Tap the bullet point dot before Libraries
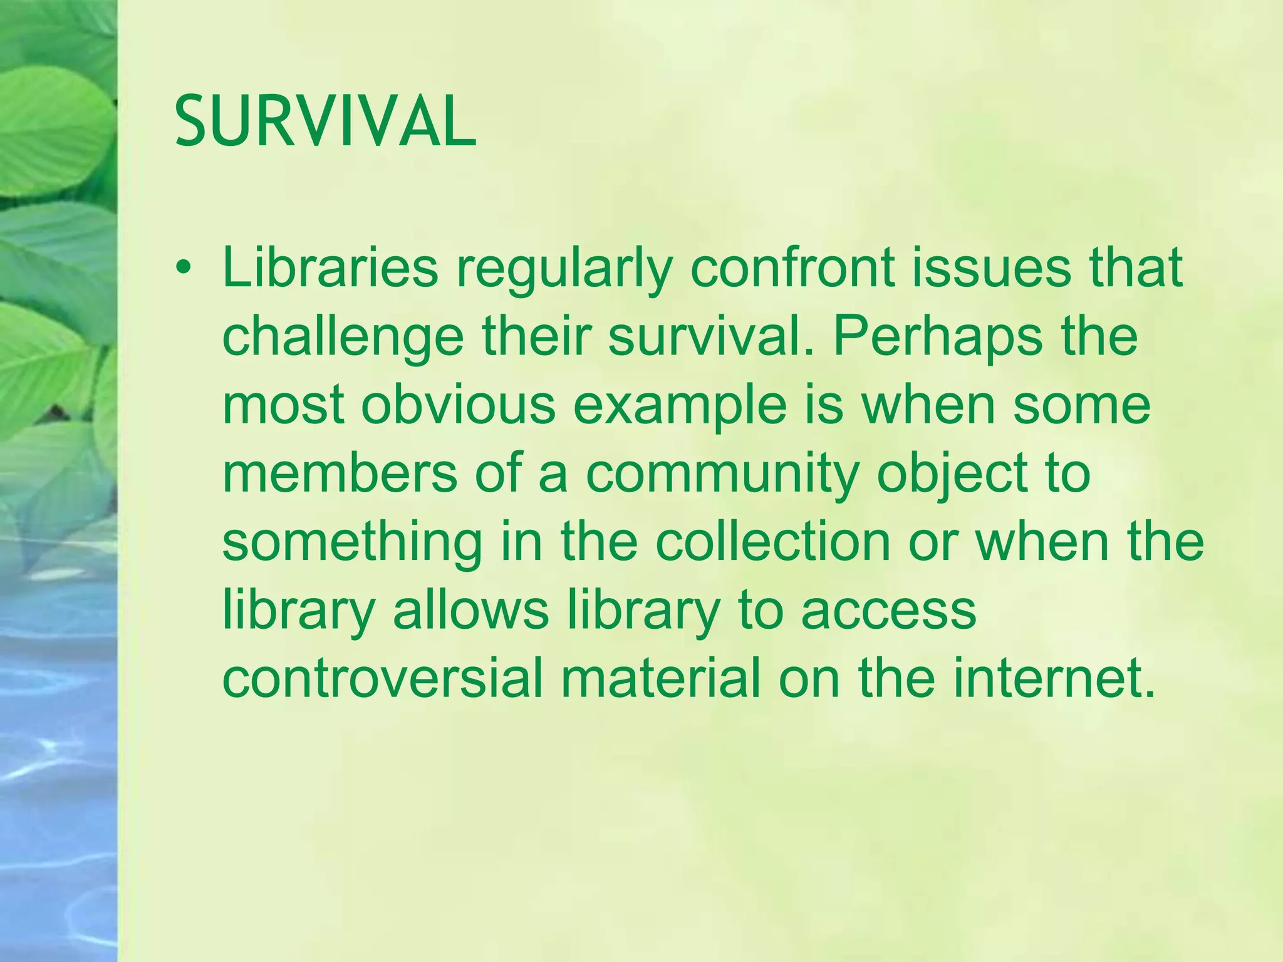click(x=182, y=268)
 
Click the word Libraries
click(x=330, y=268)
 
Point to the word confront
click(x=791, y=268)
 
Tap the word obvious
click(x=458, y=405)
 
